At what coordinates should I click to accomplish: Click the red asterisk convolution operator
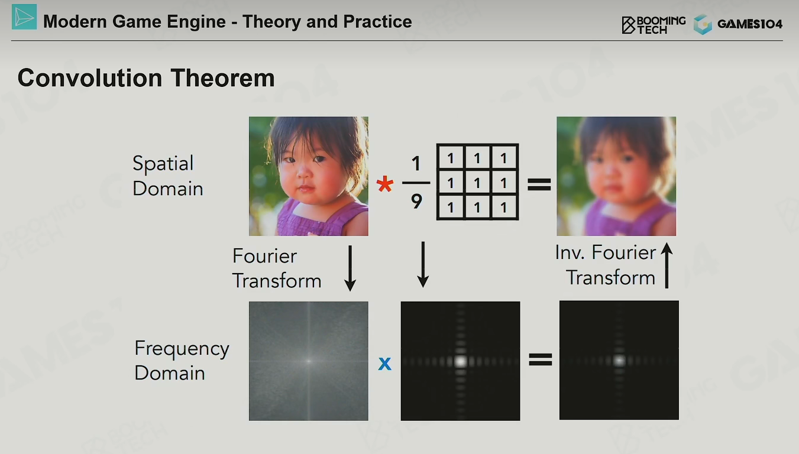[x=385, y=184]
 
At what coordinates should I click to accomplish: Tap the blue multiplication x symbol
[x=385, y=364]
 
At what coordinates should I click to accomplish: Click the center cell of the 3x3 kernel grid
[x=477, y=183]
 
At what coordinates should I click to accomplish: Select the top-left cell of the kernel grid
[x=451, y=158]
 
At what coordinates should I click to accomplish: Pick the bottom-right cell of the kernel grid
[x=504, y=207]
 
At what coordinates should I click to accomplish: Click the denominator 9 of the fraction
[x=416, y=202]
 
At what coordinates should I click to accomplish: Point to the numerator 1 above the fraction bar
[x=416, y=164]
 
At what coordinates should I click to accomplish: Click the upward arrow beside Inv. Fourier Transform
[x=667, y=265]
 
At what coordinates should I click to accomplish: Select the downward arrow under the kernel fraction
[x=423, y=264]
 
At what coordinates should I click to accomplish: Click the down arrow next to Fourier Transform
[x=350, y=268]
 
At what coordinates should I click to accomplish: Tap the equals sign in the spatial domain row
[x=539, y=184]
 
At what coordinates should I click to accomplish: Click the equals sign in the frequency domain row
[x=541, y=359]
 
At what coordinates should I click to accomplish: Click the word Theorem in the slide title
[x=222, y=78]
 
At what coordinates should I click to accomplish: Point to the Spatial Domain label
[x=167, y=176]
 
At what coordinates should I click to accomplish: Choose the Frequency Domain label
[x=182, y=361]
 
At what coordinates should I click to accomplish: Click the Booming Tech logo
[x=654, y=25]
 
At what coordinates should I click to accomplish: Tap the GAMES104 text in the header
[x=750, y=24]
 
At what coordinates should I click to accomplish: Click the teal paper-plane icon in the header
[x=24, y=17]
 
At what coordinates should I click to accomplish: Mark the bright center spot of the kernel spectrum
[x=461, y=361]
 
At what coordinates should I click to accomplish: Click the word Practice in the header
[x=377, y=21]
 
